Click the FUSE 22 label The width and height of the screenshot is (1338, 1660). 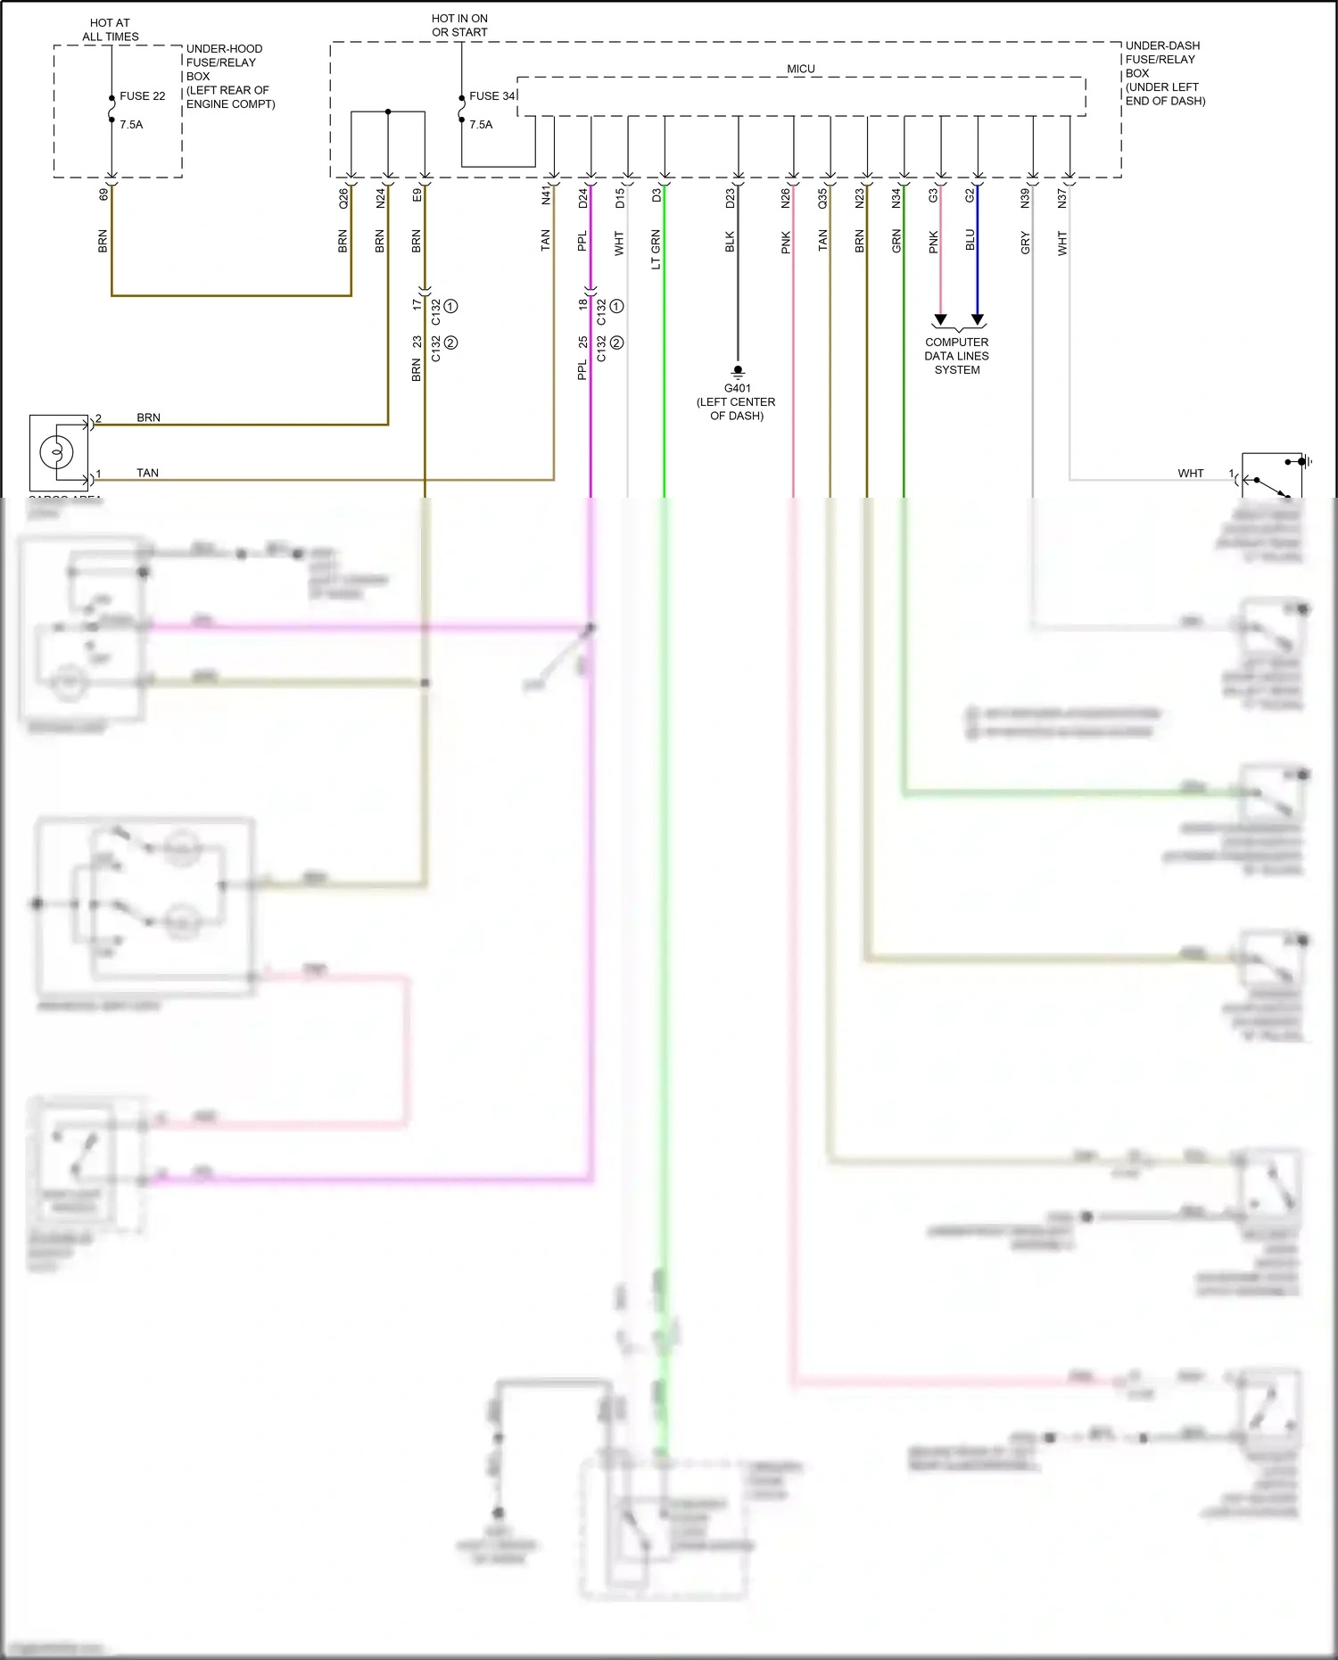coord(143,96)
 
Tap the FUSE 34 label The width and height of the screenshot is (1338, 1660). coord(492,96)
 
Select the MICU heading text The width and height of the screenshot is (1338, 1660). coord(800,69)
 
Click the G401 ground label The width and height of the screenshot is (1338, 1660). coord(737,388)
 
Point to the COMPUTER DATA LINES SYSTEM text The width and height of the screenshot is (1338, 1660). coord(956,356)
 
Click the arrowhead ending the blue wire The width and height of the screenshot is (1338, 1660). coord(978,319)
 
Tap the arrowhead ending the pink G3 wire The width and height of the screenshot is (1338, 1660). coord(940,319)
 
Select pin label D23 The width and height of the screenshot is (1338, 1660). coord(730,198)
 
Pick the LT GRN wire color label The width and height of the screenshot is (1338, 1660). coord(656,249)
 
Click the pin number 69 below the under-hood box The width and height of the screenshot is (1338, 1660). coord(103,194)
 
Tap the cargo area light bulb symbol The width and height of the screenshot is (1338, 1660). coord(56,451)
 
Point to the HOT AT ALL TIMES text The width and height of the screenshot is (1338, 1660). coord(111,30)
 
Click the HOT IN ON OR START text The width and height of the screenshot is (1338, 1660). coord(459,25)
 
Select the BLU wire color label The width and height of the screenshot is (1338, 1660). coord(970,240)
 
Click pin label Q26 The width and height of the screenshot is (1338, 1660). coord(343,198)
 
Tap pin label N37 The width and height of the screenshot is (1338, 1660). coord(1061,198)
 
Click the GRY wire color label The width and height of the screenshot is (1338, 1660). coord(1025,243)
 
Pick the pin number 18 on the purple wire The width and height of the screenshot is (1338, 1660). coord(582,304)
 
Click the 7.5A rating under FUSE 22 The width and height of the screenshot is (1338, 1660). coord(131,125)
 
